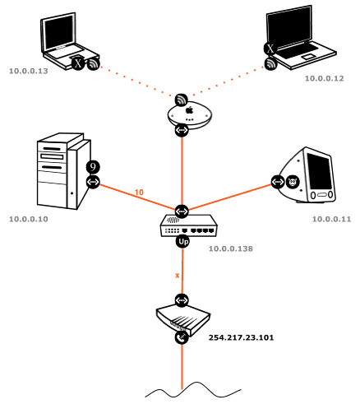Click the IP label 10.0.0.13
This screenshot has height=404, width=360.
(x=29, y=71)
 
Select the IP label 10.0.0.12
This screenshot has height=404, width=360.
(x=325, y=78)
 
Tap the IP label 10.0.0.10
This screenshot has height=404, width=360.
(x=29, y=219)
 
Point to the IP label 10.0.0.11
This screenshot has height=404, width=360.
(x=332, y=219)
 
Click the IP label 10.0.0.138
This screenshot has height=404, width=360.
(x=231, y=248)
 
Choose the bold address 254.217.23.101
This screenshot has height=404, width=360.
(x=242, y=337)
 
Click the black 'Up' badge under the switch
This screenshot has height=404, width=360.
(x=182, y=242)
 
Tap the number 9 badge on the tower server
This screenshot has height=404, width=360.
(x=93, y=167)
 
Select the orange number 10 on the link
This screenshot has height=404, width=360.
(x=139, y=193)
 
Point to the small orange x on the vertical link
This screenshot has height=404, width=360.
(x=178, y=276)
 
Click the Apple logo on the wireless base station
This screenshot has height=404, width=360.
(x=190, y=110)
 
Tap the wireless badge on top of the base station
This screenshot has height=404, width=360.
(x=182, y=100)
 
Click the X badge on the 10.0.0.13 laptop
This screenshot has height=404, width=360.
(x=78, y=63)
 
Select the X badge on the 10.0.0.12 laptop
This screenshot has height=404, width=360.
(x=270, y=49)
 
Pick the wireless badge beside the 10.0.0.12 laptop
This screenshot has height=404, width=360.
(x=270, y=64)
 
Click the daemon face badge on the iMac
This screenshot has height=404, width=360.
(x=293, y=182)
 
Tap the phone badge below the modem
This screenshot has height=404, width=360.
(x=182, y=337)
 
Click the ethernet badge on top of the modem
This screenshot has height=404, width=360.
(x=182, y=300)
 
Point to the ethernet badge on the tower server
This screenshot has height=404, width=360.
(x=93, y=182)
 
